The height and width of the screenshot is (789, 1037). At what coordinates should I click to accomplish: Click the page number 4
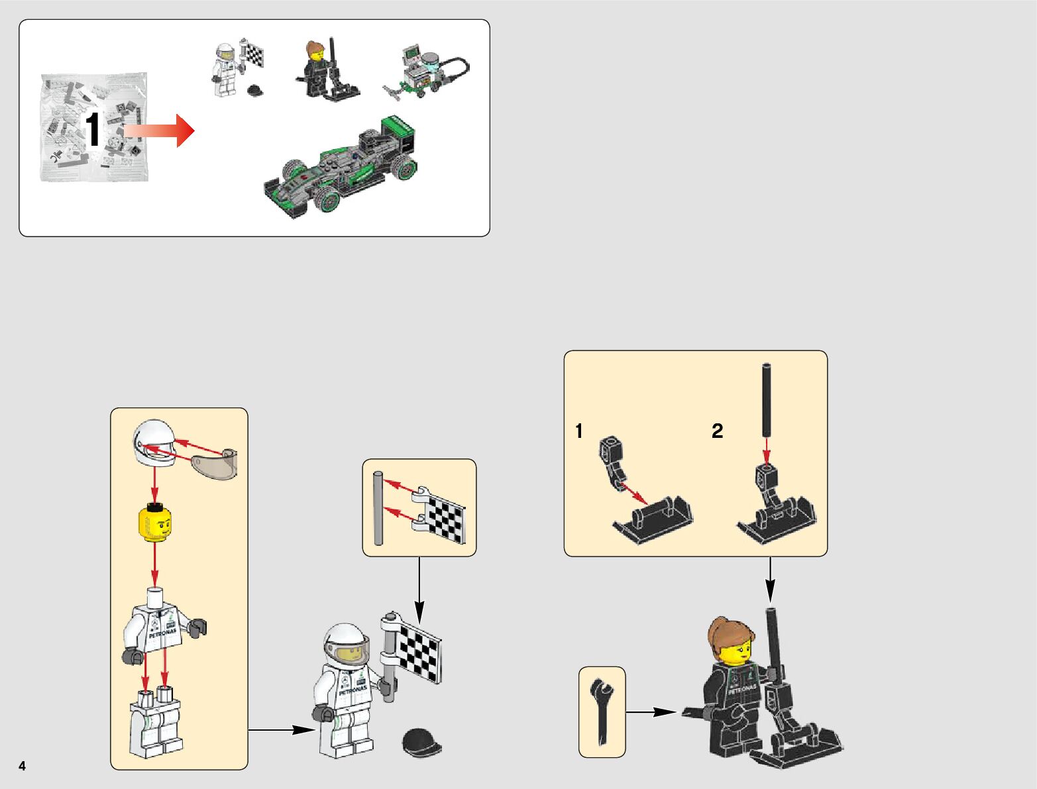23,766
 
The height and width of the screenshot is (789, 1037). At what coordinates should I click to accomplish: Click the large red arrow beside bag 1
161,131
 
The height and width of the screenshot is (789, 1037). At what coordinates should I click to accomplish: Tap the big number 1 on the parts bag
93,131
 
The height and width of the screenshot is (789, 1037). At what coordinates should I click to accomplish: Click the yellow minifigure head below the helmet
154,523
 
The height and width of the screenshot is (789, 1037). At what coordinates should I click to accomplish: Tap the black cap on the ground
421,741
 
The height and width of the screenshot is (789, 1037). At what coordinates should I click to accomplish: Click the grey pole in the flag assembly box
378,508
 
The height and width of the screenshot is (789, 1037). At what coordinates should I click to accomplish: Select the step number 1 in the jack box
579,431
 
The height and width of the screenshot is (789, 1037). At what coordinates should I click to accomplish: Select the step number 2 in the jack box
718,431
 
